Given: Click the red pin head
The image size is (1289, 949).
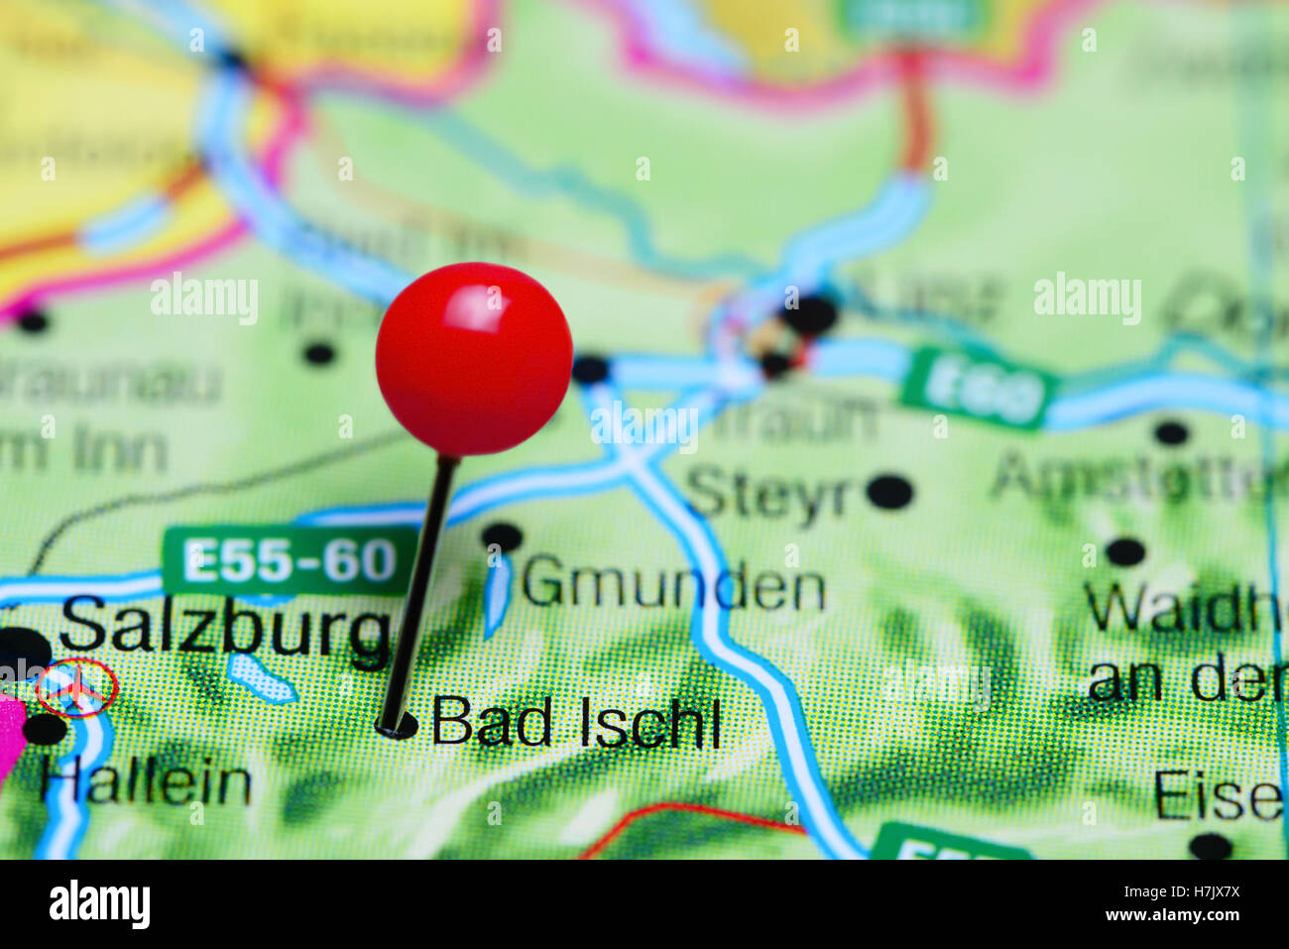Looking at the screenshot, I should (474, 358).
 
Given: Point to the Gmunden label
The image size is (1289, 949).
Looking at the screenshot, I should (673, 586).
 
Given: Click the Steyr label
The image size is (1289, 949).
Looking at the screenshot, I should (769, 494).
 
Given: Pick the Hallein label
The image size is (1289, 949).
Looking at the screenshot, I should (146, 782).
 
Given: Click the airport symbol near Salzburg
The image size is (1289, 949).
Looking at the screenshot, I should (76, 687).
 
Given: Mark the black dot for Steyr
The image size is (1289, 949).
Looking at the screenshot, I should (889, 492).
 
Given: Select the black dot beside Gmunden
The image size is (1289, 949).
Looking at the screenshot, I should (502, 537).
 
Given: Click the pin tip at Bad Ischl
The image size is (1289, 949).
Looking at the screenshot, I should (394, 726).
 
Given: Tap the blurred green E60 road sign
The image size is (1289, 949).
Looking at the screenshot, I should (976, 388).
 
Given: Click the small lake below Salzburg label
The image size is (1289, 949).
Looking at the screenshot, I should (260, 677).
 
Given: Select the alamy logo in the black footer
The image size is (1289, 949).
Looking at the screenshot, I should (100, 904).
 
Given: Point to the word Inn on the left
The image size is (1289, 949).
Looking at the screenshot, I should (124, 452).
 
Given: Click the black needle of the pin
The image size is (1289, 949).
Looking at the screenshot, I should (420, 585).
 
